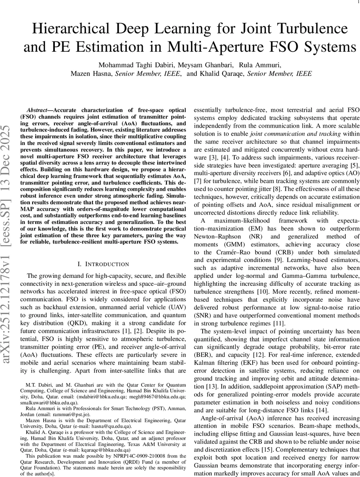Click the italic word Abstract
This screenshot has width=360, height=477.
tap(39, 110)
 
